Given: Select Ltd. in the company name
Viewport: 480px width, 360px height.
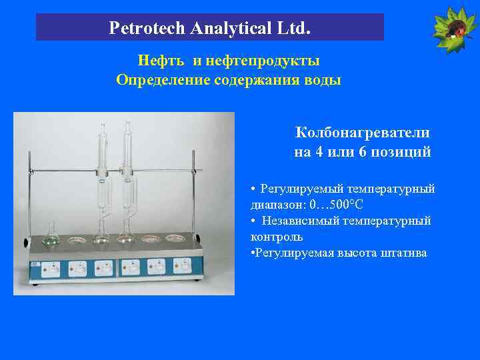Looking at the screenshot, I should (295, 29).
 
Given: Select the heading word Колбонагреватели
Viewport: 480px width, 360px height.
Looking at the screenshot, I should (362, 133).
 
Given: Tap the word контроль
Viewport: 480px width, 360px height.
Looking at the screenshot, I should (277, 237).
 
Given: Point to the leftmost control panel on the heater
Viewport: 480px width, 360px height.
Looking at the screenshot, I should (51, 269).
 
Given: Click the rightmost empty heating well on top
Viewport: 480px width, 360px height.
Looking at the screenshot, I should (175, 237).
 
